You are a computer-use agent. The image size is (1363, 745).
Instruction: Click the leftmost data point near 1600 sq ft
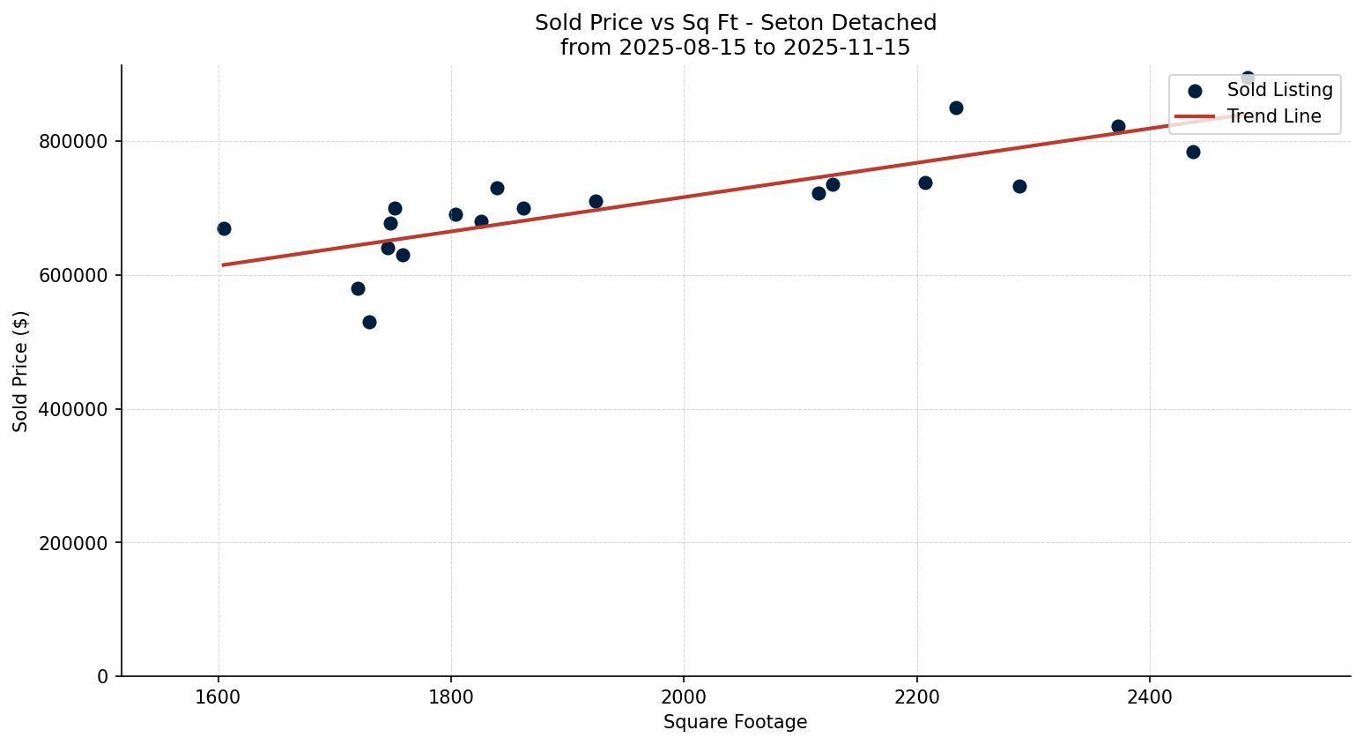point(224,228)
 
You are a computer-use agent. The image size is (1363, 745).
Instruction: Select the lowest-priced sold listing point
point(369,322)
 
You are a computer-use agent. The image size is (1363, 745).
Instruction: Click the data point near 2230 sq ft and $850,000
point(956,108)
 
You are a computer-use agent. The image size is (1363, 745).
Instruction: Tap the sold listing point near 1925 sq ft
point(596,201)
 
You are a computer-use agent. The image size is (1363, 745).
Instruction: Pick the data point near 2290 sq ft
point(1019,186)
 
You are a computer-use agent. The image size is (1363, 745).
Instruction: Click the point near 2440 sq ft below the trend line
point(1193,152)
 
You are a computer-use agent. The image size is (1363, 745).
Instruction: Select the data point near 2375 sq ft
point(1118,126)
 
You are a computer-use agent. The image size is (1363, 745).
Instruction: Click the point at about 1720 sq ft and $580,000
point(358,288)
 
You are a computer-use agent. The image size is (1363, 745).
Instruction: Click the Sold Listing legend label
point(1279,90)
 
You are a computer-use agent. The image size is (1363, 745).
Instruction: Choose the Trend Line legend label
point(1274,116)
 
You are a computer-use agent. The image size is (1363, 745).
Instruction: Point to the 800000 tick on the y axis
point(74,142)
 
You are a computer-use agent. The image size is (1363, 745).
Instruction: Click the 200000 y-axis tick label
point(74,543)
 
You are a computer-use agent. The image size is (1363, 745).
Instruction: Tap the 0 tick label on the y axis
point(103,677)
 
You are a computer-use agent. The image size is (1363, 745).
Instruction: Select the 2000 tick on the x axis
point(684,697)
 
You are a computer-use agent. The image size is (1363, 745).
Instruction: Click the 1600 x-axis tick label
point(219,697)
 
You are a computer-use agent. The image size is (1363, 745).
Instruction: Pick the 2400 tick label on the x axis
point(1150,697)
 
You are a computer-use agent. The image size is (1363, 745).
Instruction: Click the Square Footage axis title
point(735,723)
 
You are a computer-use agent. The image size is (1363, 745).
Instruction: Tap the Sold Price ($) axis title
point(20,371)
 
